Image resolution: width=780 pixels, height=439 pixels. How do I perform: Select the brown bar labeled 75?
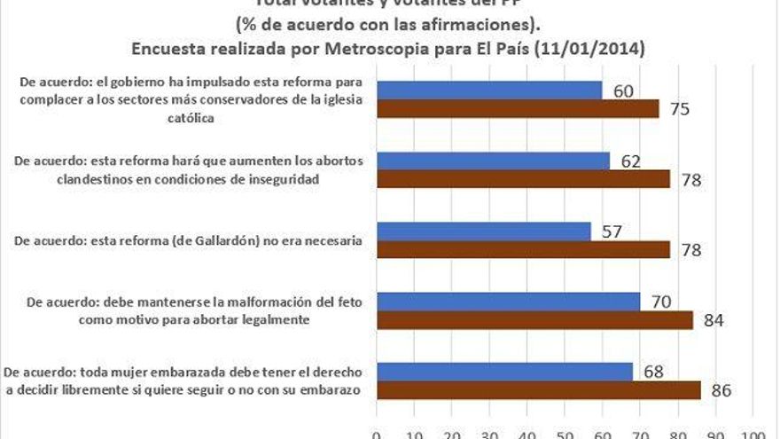point(518,108)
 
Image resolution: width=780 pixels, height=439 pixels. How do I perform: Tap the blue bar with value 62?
point(493,161)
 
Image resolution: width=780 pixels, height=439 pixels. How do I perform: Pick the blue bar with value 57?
point(484,231)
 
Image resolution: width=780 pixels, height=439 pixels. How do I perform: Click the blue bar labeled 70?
point(508,302)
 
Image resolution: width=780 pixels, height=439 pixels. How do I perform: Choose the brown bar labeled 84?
point(534,320)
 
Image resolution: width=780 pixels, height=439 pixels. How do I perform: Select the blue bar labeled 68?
point(504,371)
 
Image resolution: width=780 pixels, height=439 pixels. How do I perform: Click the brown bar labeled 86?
point(538,389)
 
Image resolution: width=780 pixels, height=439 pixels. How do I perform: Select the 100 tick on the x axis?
point(753,435)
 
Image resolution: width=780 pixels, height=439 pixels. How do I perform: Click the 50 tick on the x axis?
point(565,435)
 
